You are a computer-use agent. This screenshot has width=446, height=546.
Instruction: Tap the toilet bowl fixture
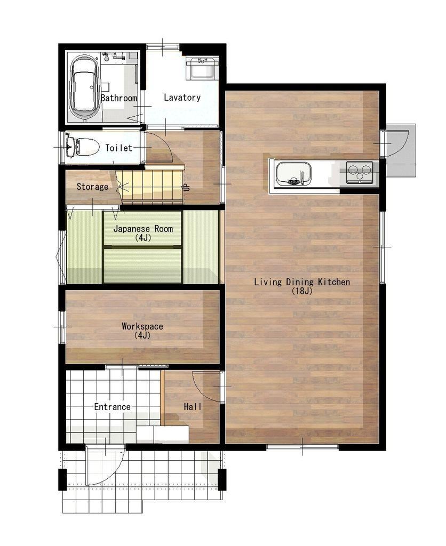[x=83, y=147]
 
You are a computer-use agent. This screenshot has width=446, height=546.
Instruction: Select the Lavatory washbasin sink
[x=202, y=68]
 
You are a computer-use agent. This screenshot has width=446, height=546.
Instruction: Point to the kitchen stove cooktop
[x=360, y=172]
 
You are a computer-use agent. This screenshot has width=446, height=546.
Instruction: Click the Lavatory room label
[x=182, y=97]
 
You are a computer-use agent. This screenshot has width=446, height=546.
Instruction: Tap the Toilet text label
[x=119, y=148]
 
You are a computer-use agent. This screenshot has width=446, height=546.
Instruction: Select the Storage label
[x=92, y=187]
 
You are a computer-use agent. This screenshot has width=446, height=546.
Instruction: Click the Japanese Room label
[x=143, y=229]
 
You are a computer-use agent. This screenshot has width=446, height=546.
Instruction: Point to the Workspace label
[x=142, y=326]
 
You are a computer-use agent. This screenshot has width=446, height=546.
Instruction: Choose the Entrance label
[x=112, y=407]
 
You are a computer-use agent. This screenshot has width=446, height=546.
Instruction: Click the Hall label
[x=193, y=406]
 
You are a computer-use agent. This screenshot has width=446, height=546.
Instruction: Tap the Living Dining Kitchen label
[x=302, y=282]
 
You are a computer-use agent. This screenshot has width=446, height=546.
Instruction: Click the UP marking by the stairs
[x=187, y=187]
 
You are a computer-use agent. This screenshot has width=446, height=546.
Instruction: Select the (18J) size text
[x=302, y=291]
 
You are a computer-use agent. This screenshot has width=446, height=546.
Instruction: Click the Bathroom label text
[x=119, y=98]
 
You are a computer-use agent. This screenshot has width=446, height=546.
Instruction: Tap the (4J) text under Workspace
[x=142, y=335]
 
